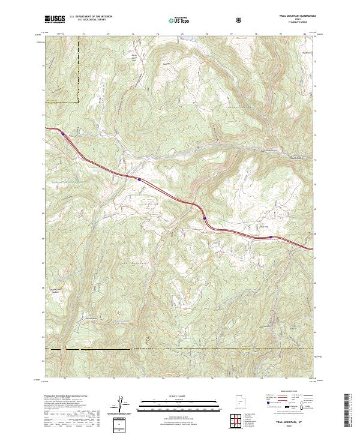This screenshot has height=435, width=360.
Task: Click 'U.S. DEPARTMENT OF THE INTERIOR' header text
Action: coord(90,17)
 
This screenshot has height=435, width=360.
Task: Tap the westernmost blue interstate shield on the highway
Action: coord(63,134)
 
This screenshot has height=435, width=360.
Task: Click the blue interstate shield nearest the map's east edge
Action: coord(271,237)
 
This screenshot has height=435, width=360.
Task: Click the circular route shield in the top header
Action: coord(239,20)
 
